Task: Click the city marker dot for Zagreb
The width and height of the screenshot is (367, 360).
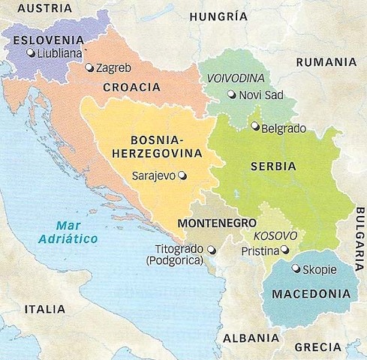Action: point(90,67)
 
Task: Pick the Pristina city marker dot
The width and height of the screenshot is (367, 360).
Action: point(284,250)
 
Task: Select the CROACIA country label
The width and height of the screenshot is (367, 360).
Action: point(132,87)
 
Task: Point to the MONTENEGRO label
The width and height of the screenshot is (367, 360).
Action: point(217,223)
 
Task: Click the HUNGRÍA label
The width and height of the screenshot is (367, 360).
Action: point(218,16)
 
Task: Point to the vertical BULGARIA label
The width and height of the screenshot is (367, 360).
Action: point(359,244)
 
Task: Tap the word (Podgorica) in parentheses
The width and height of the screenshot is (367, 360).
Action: point(181,260)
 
